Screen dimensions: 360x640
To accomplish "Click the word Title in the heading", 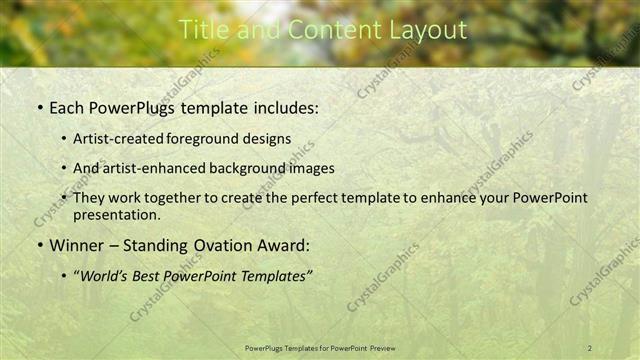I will click(x=200, y=30).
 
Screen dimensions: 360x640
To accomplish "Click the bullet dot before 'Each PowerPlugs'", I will click(x=39, y=106).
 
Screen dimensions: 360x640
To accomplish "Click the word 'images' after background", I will click(x=313, y=168).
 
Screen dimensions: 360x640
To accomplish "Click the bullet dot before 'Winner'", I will click(x=39, y=244).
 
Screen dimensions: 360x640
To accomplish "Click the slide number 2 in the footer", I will click(x=590, y=347).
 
